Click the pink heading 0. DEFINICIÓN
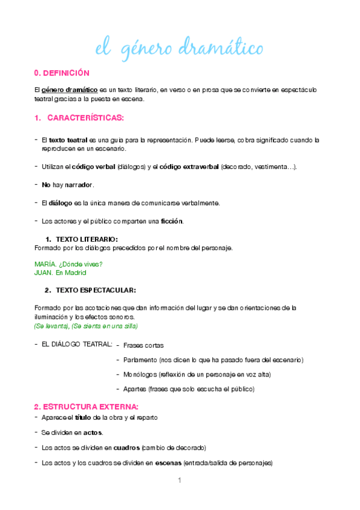coord(62,73)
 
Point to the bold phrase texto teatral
coord(66,140)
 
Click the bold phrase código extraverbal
coord(189,167)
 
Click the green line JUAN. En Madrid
coord(61,272)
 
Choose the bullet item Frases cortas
coord(144,345)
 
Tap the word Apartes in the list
coord(136,389)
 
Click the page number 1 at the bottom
coord(179,481)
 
